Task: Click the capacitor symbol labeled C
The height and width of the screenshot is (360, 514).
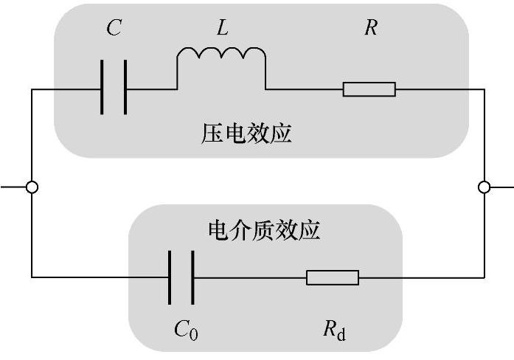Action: [x=114, y=89]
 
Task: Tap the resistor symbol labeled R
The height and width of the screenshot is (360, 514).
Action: [x=369, y=89]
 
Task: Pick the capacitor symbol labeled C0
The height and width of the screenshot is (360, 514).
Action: [x=181, y=277]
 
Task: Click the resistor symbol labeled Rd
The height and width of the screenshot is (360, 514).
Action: [x=333, y=277]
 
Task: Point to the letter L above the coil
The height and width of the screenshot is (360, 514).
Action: [x=222, y=29]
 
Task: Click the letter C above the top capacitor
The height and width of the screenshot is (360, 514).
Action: [x=114, y=29]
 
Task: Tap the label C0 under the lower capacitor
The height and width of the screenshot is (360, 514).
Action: [x=186, y=329]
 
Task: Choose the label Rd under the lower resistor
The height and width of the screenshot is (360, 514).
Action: [x=333, y=329]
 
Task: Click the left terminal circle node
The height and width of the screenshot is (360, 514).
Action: [x=32, y=187]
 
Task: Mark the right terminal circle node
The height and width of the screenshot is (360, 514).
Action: [x=484, y=187]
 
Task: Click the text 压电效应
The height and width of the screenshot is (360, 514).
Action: [x=246, y=134]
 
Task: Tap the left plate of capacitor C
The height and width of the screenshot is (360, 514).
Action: [x=102, y=89]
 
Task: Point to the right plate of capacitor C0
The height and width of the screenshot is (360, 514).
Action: [x=194, y=277]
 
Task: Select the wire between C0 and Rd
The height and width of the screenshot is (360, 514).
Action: [x=251, y=277]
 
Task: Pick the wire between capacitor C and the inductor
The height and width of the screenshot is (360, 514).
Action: [x=151, y=89]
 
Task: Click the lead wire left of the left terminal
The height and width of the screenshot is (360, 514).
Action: [x=13, y=187]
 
